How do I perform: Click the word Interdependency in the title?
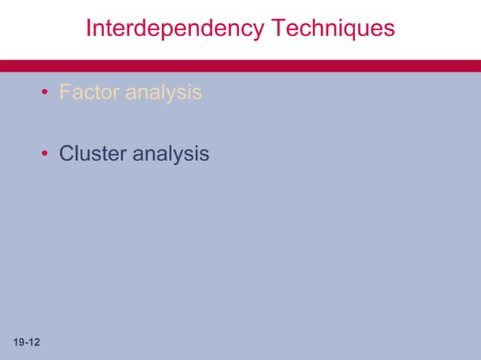tap(175, 29)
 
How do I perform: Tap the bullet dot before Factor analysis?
tap(45, 93)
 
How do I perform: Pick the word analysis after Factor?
tap(164, 93)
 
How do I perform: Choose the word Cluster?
tap(93, 154)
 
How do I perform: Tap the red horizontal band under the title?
tap(240, 66)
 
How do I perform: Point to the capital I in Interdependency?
tap(89, 29)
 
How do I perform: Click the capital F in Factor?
tap(65, 93)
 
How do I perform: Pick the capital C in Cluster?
tap(66, 154)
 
